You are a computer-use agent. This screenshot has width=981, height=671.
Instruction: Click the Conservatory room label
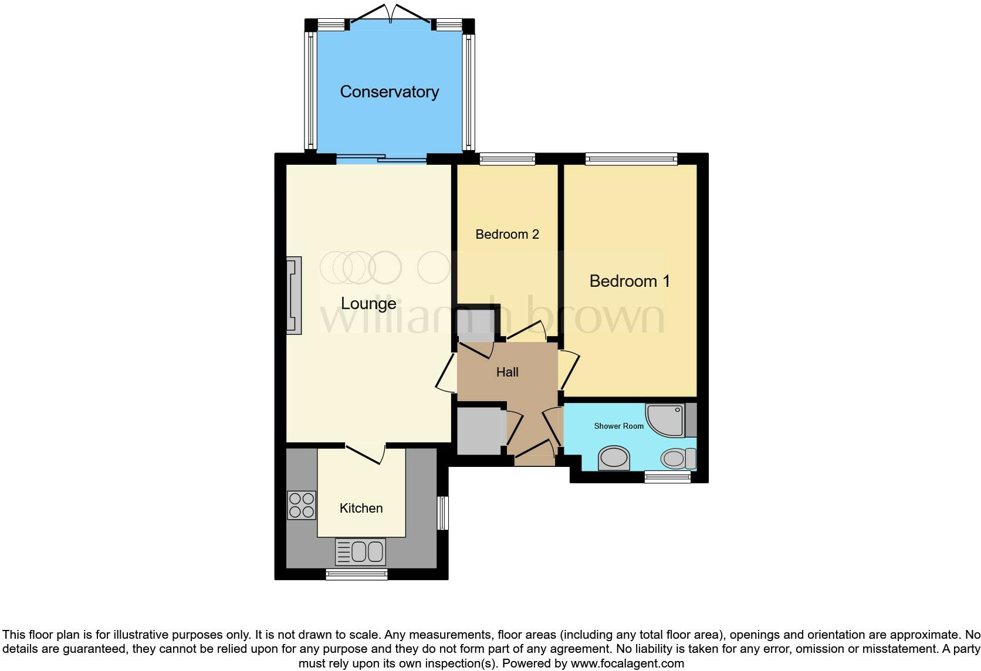[389, 91]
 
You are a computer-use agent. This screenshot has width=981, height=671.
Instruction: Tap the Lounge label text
[368, 303]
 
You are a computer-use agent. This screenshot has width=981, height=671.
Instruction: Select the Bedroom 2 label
[507, 235]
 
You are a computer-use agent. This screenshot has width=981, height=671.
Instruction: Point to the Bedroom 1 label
[629, 281]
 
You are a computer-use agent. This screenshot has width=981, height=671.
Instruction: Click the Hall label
[507, 372]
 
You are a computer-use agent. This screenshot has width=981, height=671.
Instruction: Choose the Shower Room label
[618, 426]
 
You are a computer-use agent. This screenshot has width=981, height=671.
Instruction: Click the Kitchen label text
[361, 508]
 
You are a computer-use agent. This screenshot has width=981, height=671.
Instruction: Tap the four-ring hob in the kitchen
[302, 505]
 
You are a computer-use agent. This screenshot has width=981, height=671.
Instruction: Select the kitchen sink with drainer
[360, 551]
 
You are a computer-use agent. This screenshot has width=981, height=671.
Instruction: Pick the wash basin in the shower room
[614, 458]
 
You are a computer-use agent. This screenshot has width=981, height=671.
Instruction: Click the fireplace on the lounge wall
[294, 296]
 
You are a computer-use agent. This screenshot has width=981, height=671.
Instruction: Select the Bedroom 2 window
[507, 158]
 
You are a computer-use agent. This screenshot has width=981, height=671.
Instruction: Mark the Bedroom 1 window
[631, 158]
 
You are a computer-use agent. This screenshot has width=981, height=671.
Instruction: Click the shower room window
[667, 477]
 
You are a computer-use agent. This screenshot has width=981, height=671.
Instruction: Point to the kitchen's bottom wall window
[357, 574]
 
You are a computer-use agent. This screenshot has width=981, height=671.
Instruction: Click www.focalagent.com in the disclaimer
[627, 664]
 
